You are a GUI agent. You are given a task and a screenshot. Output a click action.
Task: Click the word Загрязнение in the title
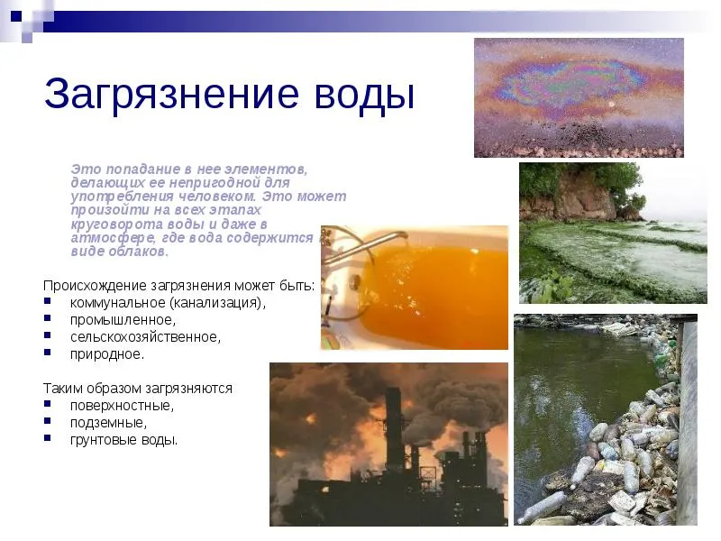171,95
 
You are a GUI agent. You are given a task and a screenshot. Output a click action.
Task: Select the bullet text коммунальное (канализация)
168,303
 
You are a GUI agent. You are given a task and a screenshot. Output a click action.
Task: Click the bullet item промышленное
123,320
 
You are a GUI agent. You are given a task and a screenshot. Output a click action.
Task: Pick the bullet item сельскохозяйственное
145,337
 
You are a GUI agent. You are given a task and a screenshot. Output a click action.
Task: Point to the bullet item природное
107,354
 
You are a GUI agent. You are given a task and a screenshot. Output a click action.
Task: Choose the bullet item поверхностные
122,406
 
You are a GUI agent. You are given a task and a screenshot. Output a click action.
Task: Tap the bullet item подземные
108,423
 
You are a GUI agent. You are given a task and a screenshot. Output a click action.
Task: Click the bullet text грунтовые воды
123,440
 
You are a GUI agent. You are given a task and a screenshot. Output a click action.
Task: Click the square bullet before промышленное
48,318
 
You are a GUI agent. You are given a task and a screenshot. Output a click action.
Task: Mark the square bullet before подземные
48,421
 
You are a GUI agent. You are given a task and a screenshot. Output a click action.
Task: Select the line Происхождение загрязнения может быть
178,286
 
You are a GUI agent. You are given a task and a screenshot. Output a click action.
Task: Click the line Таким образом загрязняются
138,389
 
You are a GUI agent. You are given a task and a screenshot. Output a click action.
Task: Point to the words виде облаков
120,252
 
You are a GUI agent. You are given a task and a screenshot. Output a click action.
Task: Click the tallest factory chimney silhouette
394,427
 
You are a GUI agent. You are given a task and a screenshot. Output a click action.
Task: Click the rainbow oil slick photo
579,97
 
